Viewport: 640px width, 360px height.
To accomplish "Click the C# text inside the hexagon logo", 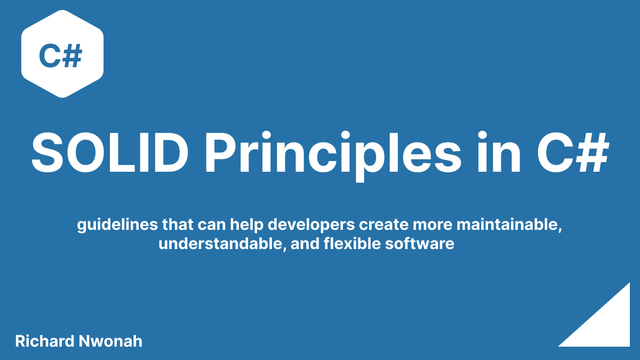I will coord(60,56).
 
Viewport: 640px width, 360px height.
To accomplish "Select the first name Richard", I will coord(44,341).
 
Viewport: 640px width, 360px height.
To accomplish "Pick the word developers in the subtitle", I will coord(309,226).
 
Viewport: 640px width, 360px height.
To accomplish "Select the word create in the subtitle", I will coord(380,226).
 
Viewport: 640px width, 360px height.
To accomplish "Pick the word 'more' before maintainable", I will coord(427,226).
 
